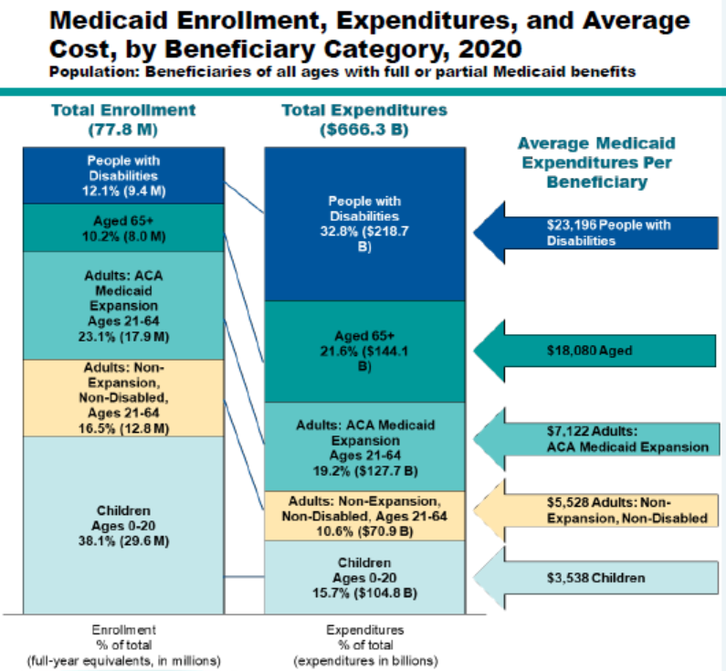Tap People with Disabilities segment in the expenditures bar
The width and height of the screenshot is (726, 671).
[363, 225]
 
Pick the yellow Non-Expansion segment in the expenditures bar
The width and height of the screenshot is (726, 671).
[363, 516]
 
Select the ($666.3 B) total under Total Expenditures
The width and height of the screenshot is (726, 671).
[363, 129]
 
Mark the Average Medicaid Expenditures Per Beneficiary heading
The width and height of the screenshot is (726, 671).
[596, 162]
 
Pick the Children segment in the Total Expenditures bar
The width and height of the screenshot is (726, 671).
[363, 577]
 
